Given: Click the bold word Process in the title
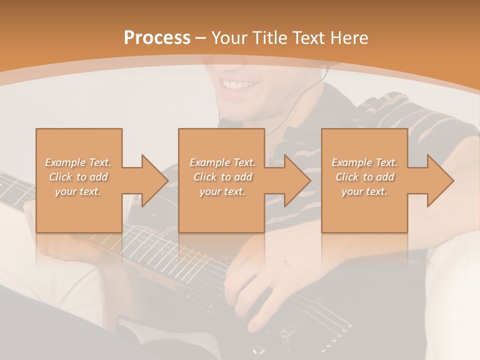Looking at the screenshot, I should [157, 38].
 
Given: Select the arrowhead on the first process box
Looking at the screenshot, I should [153, 180].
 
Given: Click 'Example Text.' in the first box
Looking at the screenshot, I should [78, 162].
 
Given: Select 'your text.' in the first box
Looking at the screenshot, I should [78, 191].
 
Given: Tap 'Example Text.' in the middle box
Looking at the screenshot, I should [222, 162].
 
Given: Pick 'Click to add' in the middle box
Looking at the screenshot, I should [222, 177].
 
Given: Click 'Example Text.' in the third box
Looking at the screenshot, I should [364, 162].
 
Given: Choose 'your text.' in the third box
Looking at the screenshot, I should [364, 191].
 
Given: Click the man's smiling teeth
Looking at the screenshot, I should [239, 83].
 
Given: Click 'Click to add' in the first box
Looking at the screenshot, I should [78, 177].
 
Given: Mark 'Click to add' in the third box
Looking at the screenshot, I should [364, 177].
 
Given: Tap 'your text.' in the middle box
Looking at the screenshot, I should [222, 191].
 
